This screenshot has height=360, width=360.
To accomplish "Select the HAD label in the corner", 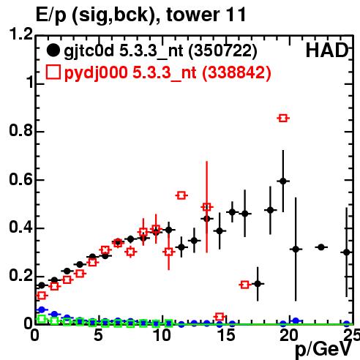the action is click(x=327, y=50).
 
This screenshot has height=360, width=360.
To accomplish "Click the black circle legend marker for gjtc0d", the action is click(x=53, y=50).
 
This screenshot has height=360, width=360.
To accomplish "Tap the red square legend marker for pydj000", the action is click(x=53, y=72).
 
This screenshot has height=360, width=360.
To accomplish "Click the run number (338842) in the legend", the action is click(x=236, y=72).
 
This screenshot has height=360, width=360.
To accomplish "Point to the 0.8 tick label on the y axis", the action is click(x=20, y=130).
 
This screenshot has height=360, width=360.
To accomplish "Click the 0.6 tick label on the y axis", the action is click(x=20, y=179).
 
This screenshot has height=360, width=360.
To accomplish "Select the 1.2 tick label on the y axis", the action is click(x=20, y=34).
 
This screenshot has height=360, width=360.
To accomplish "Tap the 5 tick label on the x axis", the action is click(x=98, y=335).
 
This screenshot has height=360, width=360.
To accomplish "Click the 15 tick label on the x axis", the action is click(x=226, y=335).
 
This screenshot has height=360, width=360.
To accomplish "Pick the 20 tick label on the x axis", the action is click(x=289, y=335).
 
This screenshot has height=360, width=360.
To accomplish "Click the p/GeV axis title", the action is click(x=323, y=350).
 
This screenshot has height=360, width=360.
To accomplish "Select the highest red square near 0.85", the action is click(x=283, y=118).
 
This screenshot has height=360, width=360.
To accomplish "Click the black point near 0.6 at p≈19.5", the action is click(x=283, y=181).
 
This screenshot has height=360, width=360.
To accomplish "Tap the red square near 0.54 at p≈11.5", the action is click(x=181, y=195).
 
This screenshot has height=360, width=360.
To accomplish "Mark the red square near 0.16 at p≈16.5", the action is click(x=245, y=285).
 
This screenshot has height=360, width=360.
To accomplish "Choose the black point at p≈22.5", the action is click(x=321, y=247).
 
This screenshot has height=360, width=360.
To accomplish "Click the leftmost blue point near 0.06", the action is click(x=42, y=310).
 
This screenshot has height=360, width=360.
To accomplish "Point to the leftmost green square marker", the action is click(x=42, y=318).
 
